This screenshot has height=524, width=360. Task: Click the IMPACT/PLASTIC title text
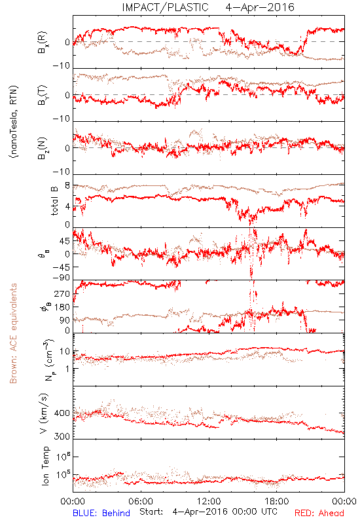tap(165, 7)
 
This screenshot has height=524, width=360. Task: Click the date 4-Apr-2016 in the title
tap(260, 7)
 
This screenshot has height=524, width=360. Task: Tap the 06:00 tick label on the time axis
tap(141, 501)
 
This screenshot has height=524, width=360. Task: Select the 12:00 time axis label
tap(209, 501)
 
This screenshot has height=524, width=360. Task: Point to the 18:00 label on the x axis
tap(276, 501)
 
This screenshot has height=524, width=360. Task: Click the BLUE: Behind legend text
tap(101, 513)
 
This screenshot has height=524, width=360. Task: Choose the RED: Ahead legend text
tap(319, 513)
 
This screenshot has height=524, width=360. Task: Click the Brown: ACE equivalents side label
tap(13, 333)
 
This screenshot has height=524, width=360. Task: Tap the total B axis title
tap(54, 200)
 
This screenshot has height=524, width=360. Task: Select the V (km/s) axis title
tap(44, 413)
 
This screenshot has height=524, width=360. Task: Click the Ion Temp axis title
tap(45, 466)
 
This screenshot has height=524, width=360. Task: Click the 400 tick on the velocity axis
tap(62, 413)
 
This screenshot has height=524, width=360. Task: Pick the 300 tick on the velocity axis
tap(62, 436)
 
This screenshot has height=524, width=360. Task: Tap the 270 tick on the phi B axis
tap(62, 294)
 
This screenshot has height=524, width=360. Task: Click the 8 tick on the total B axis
tap(67, 186)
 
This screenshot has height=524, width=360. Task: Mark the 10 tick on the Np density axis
tap(65, 352)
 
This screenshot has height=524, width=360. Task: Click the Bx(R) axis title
tap(43, 43)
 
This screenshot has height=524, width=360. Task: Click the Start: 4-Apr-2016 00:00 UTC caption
tap(208, 512)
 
